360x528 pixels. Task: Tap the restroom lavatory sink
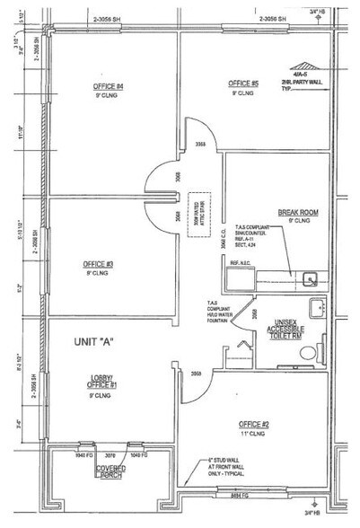(314, 308)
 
